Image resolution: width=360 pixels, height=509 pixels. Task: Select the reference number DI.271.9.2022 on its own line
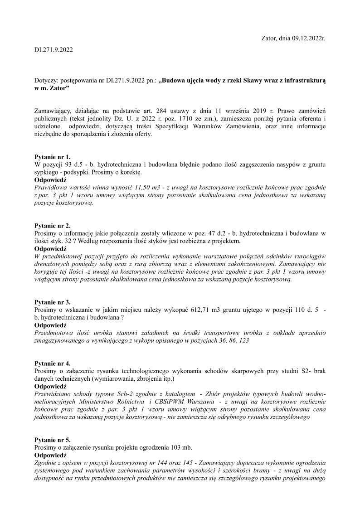(54, 50)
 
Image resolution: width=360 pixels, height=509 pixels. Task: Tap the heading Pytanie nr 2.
(53, 226)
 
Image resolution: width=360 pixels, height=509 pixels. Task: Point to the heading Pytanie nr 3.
(53, 302)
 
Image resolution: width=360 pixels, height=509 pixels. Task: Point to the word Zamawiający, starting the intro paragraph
(54, 111)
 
